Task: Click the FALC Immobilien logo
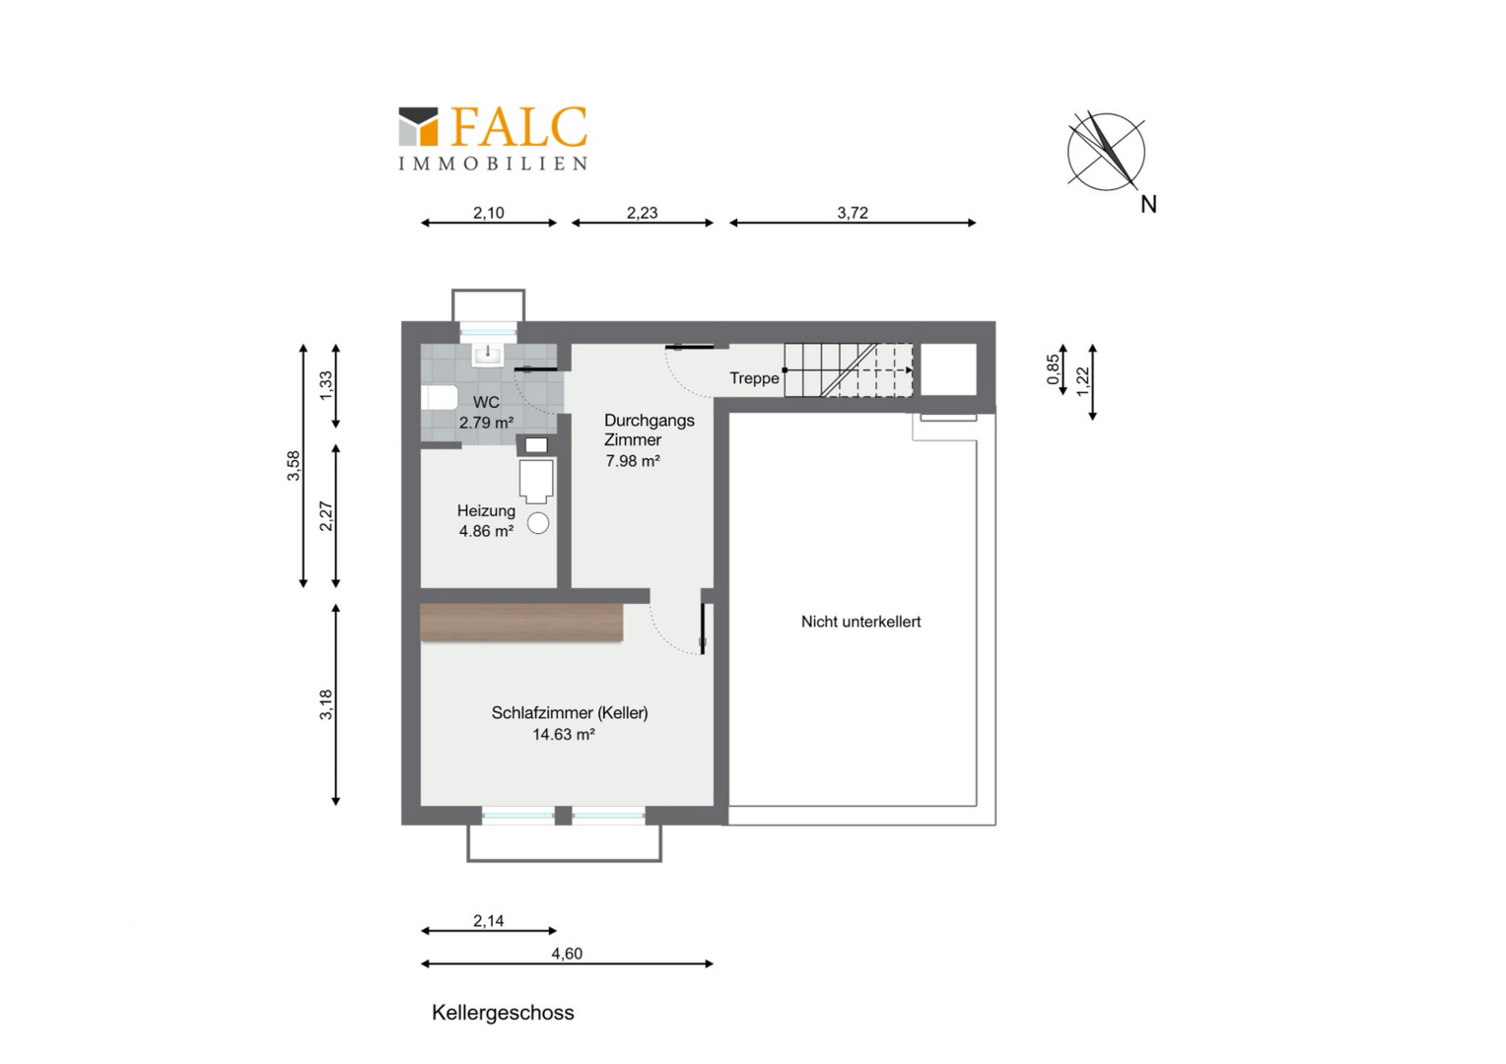(x=493, y=138)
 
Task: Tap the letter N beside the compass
(x=1148, y=204)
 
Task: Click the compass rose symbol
(x=1106, y=152)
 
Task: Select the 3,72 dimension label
(x=853, y=213)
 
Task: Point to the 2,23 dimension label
(x=642, y=213)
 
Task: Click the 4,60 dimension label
(x=567, y=954)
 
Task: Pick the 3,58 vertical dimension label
(x=294, y=466)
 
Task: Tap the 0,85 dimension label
(x=1053, y=369)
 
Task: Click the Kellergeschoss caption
(x=503, y=1013)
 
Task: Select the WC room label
(x=486, y=402)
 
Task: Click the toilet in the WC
(x=439, y=397)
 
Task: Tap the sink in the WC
(x=488, y=355)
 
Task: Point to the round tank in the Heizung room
(x=538, y=523)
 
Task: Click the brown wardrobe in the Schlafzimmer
(x=521, y=622)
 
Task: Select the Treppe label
(x=754, y=378)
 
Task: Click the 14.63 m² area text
(x=564, y=735)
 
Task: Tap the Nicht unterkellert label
(x=860, y=622)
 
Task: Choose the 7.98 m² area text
(x=633, y=461)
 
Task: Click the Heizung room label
(x=486, y=511)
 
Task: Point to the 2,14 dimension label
(x=488, y=921)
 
